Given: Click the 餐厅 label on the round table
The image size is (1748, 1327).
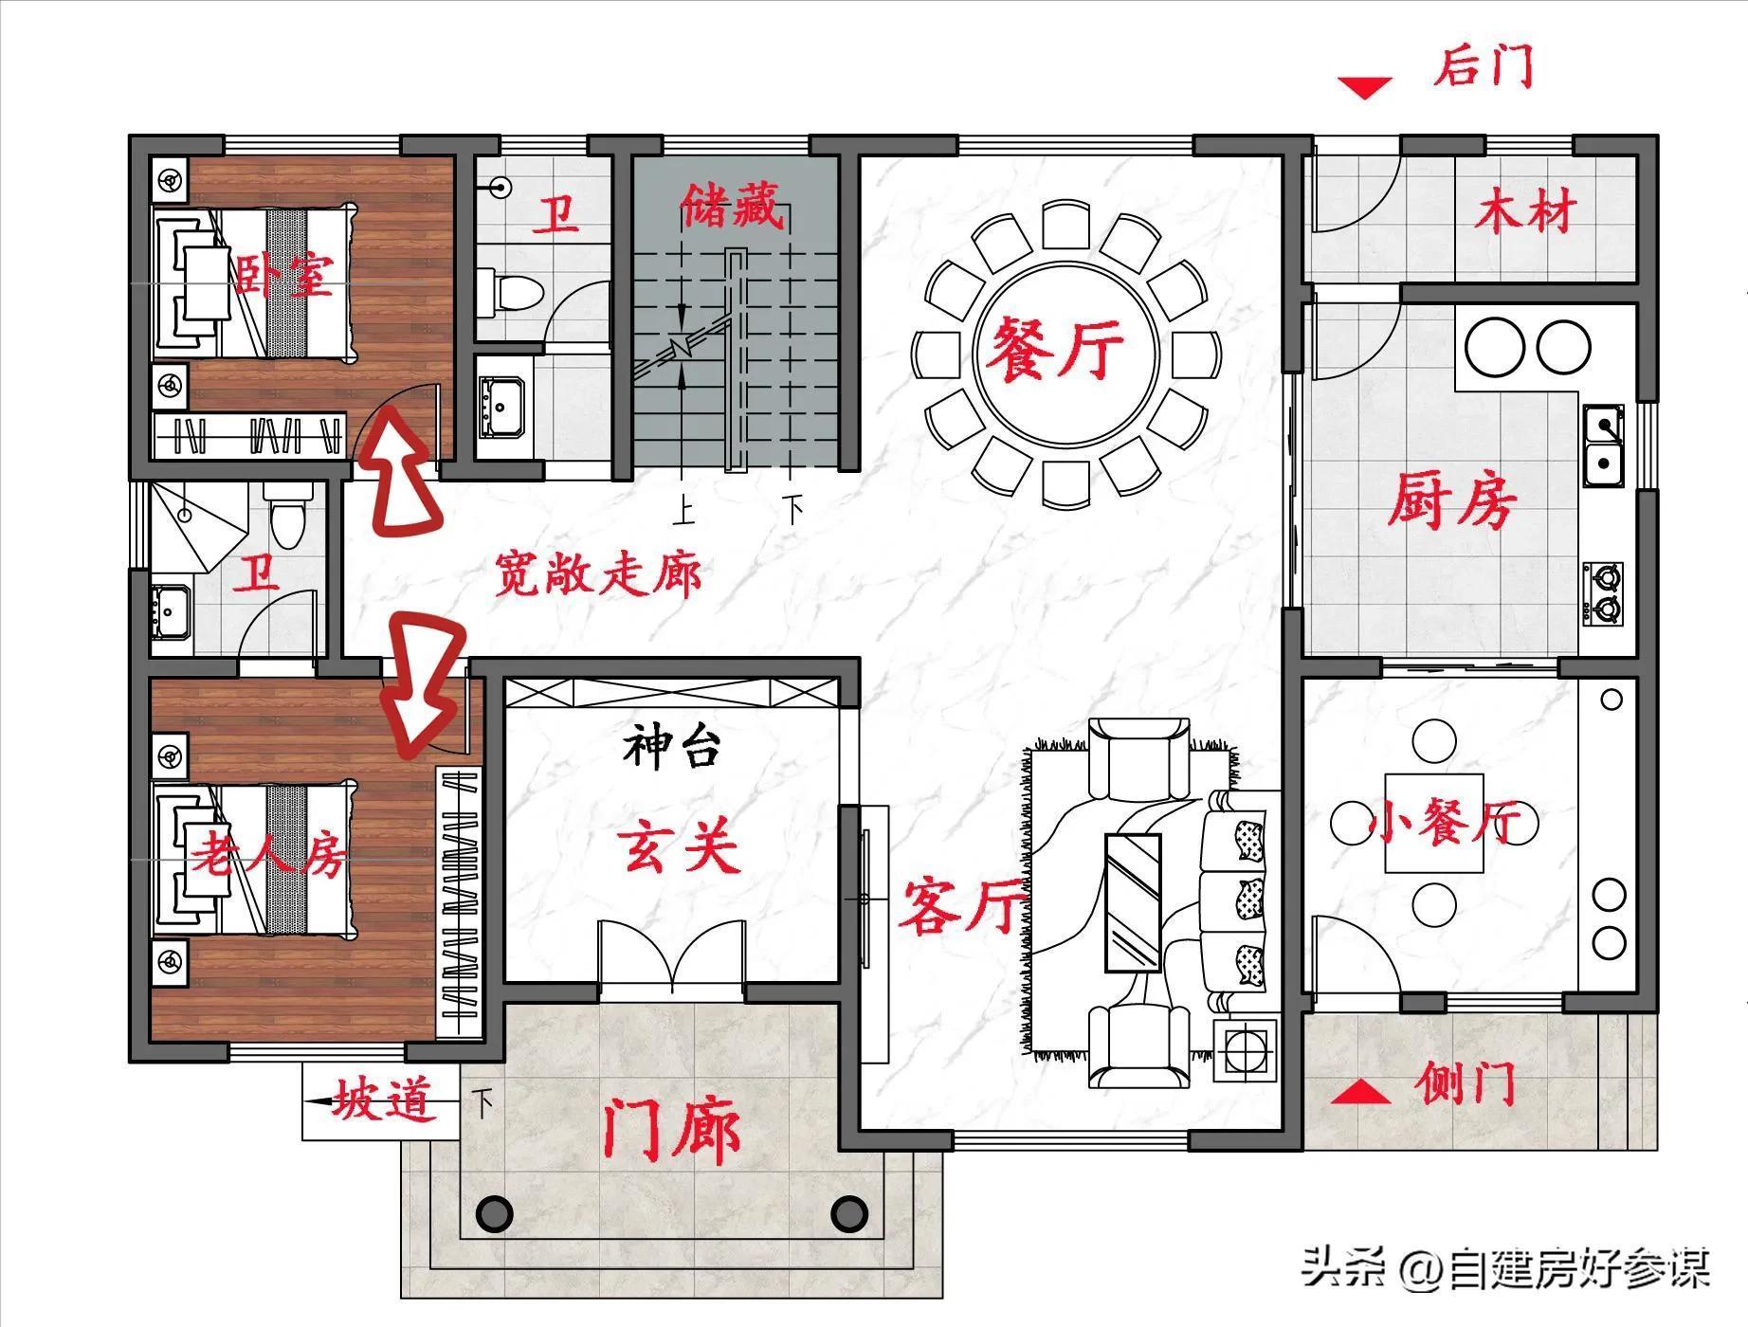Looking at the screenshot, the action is click(x=1055, y=347).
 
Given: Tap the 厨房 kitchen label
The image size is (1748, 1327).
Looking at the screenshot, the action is click(x=1452, y=500).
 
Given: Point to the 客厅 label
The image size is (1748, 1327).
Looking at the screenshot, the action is click(x=963, y=905).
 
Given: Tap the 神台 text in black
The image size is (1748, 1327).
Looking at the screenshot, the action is click(x=672, y=747).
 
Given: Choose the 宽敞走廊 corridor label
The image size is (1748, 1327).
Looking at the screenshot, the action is click(x=598, y=573).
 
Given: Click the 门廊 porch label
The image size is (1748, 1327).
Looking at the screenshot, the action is click(x=672, y=1128).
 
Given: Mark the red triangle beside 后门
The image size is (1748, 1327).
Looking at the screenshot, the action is click(x=1365, y=88).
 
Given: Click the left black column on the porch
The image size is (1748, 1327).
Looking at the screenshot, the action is click(x=494, y=1212).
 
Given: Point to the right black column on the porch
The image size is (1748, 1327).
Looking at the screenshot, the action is click(x=848, y=1212).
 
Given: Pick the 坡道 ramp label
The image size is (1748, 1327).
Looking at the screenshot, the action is click(x=381, y=1102).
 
